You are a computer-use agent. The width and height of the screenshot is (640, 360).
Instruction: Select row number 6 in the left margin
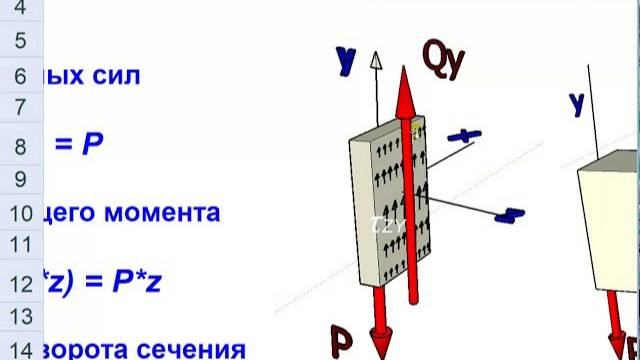coord(20,76)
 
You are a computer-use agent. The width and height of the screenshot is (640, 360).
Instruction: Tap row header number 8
coord(20,146)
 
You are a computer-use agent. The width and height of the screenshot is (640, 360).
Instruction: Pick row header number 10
coord(20,213)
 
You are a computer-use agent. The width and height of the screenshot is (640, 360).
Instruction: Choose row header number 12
coord(20,283)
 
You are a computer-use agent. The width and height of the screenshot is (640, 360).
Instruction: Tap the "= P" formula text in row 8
coord(80,145)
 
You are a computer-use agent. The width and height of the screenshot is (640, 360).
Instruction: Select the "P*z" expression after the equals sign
coord(144,282)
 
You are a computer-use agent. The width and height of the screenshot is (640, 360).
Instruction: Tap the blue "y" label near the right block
coord(576,102)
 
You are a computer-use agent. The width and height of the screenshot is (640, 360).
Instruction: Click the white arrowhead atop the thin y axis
coord(376,59)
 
